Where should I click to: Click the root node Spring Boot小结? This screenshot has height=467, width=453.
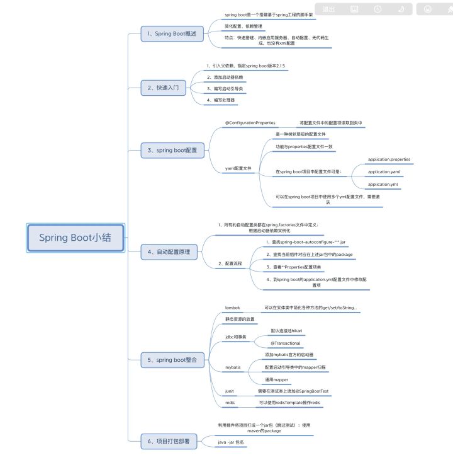75,238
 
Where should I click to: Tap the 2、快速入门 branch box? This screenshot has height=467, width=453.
163,88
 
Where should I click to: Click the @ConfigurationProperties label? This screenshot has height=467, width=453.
250,122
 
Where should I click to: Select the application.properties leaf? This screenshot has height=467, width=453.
389,159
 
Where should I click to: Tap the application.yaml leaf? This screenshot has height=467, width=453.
384,171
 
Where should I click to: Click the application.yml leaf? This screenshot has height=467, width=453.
383,184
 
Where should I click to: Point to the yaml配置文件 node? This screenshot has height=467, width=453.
238,168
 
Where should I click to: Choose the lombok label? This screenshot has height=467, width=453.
233,308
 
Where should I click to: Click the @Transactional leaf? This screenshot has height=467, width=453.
285,343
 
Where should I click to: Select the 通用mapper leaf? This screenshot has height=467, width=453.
277,379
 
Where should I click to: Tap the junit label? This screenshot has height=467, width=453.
230,391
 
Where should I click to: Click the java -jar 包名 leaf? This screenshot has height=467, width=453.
231,443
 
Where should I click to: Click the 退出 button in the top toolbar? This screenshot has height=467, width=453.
328,9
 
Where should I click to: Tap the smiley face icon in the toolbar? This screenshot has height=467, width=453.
428,9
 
